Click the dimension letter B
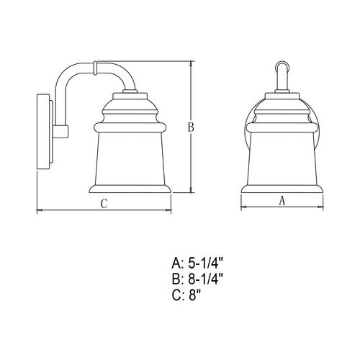[192, 128]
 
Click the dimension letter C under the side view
[104, 204]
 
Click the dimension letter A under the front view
[282, 202]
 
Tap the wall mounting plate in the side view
[42, 131]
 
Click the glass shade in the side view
[132, 158]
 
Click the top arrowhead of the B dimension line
[192, 63]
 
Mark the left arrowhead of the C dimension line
[38, 210]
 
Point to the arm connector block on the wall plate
[60, 131]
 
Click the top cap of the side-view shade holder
[132, 96]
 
